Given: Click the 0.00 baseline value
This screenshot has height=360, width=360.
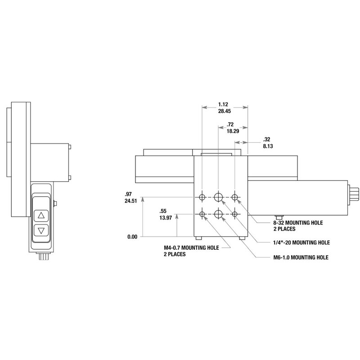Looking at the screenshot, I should (131, 236).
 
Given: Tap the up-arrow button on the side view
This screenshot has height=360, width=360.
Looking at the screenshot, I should (41, 215).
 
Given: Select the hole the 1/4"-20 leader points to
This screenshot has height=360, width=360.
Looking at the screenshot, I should (219, 197).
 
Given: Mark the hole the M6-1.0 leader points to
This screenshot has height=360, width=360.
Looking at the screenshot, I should (219, 214).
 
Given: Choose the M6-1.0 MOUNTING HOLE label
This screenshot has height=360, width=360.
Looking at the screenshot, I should (296, 257).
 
